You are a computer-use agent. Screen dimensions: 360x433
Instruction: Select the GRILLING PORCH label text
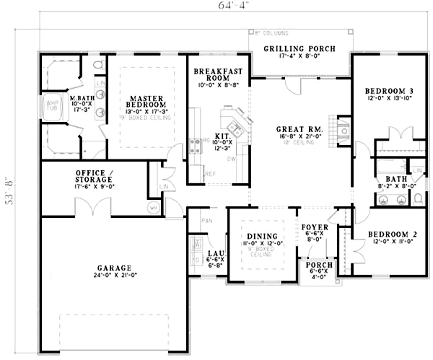coord(299,48)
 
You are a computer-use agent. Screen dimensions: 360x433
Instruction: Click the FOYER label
coord(315,226)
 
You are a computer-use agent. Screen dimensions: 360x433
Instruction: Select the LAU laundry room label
coord(214,253)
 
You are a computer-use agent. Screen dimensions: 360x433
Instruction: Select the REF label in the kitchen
coord(211,173)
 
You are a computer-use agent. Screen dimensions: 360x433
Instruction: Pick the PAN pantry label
coord(207,220)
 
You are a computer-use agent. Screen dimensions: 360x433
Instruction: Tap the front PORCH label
coord(319,265)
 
